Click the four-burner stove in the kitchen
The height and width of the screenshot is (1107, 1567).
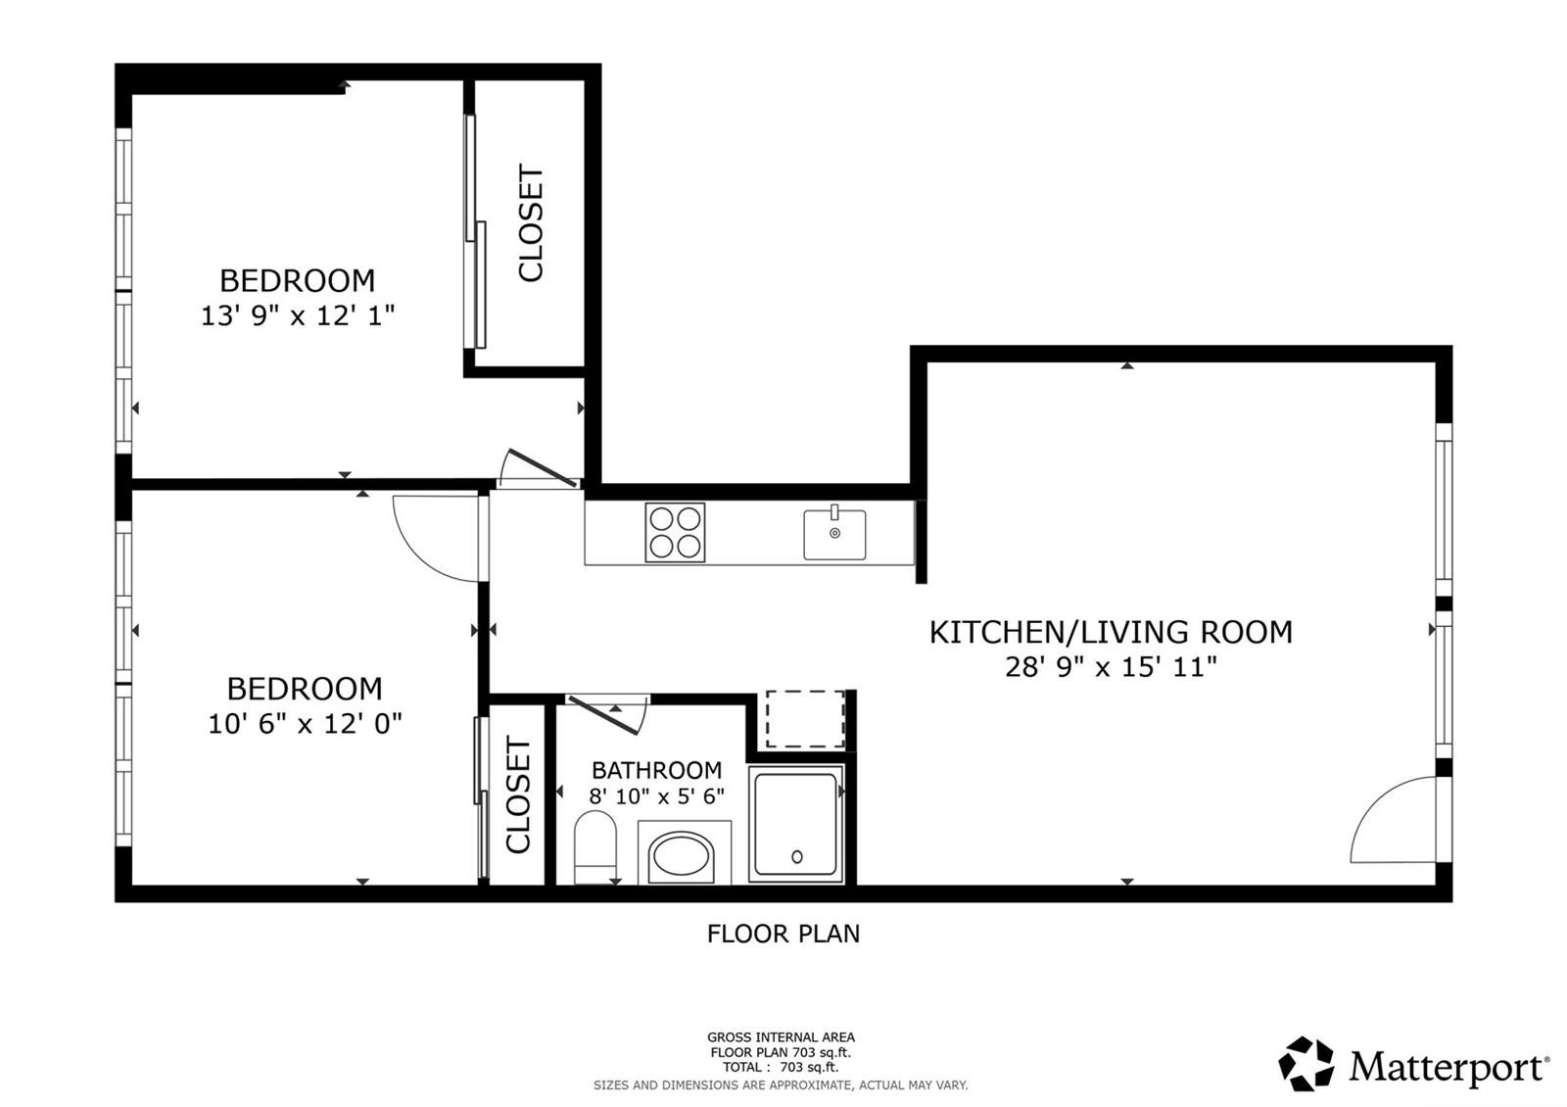point(675,533)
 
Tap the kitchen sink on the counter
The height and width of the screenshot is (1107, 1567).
point(834,533)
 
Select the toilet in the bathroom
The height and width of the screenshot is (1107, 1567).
point(594,847)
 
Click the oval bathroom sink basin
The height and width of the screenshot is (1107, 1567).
point(681,854)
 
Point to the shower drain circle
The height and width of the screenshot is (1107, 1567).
point(797,856)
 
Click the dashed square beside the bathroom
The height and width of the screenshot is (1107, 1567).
point(805,719)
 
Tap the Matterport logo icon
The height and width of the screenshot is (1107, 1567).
point(1306,1063)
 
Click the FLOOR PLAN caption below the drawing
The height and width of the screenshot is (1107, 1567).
point(783,934)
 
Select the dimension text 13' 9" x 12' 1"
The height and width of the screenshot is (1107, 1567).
point(298,315)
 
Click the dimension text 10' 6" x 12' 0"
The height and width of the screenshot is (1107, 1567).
point(305,724)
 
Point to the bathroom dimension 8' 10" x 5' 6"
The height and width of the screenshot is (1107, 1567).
point(656,796)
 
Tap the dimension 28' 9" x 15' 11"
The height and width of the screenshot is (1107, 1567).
point(1111,667)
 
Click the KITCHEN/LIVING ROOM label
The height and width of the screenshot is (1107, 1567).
point(1111,632)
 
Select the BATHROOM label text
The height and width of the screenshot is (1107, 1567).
point(656,770)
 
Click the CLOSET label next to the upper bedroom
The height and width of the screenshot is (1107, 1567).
point(531,223)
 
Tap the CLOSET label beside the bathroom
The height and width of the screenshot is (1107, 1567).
point(518,794)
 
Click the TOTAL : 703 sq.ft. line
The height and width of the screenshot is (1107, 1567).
point(781,1067)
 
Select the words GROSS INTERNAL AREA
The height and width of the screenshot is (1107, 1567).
point(781,1037)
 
